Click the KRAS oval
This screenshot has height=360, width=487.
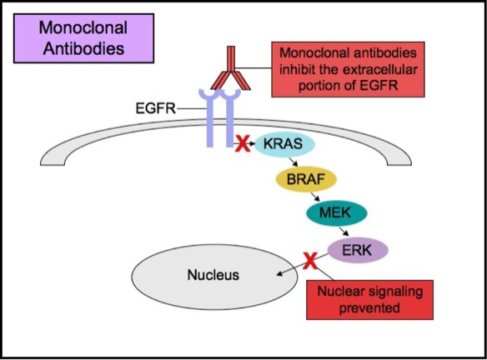click(285, 144)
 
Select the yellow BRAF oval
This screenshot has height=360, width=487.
click(306, 179)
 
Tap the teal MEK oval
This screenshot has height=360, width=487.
click(337, 213)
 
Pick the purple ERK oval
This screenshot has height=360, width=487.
click(358, 250)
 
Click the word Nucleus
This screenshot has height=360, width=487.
click(213, 275)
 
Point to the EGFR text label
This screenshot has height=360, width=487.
click(156, 108)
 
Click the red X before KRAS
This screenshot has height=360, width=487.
click(243, 144)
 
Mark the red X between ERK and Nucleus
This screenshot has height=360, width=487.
click(310, 261)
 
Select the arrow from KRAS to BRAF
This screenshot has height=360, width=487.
click(294, 162)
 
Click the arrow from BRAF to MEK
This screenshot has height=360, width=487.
click(315, 197)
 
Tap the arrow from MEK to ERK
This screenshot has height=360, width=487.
click(344, 232)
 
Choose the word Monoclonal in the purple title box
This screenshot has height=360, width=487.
click(83, 28)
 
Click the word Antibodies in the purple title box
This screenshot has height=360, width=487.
click(83, 48)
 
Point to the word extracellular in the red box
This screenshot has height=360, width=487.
click(380, 69)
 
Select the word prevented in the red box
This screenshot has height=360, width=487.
click(369, 307)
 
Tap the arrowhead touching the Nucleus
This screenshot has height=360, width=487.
click(280, 273)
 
